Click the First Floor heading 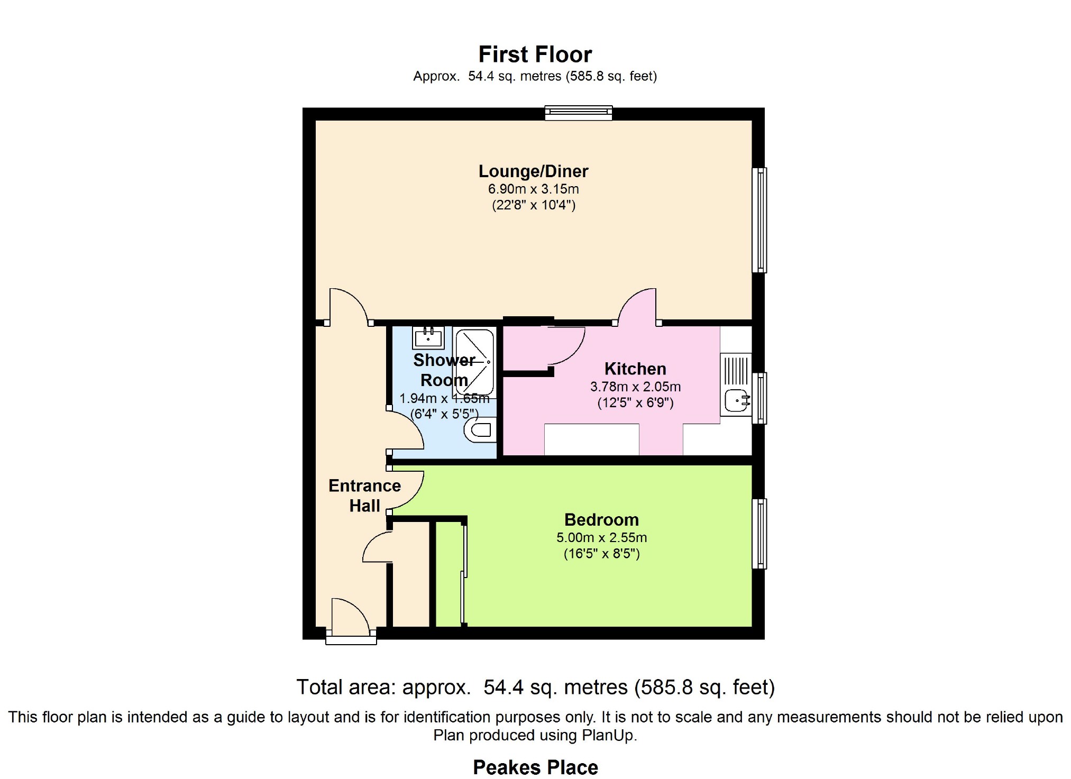535,54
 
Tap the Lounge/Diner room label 533,171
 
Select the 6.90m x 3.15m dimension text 533,189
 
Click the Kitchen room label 635,369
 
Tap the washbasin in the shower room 428,337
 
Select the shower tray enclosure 474,362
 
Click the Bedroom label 601,519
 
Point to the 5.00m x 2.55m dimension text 601,537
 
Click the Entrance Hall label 364,496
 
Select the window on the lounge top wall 579,113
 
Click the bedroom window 759,534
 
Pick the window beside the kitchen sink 759,398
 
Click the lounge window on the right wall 759,220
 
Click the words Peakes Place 535,767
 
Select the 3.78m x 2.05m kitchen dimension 635,387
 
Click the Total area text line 535,687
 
